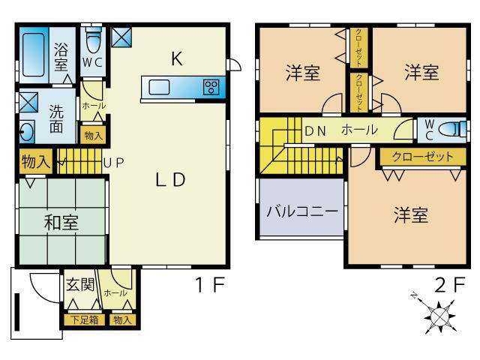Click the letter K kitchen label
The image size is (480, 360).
pyautogui.click(x=177, y=60)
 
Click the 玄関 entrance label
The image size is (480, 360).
pyautogui.click(x=79, y=285)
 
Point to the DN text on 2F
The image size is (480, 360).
pyautogui.click(x=315, y=130)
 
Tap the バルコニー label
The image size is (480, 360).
pyautogui.click(x=301, y=208)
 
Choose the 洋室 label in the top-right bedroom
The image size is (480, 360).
pyautogui.click(x=421, y=73)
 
